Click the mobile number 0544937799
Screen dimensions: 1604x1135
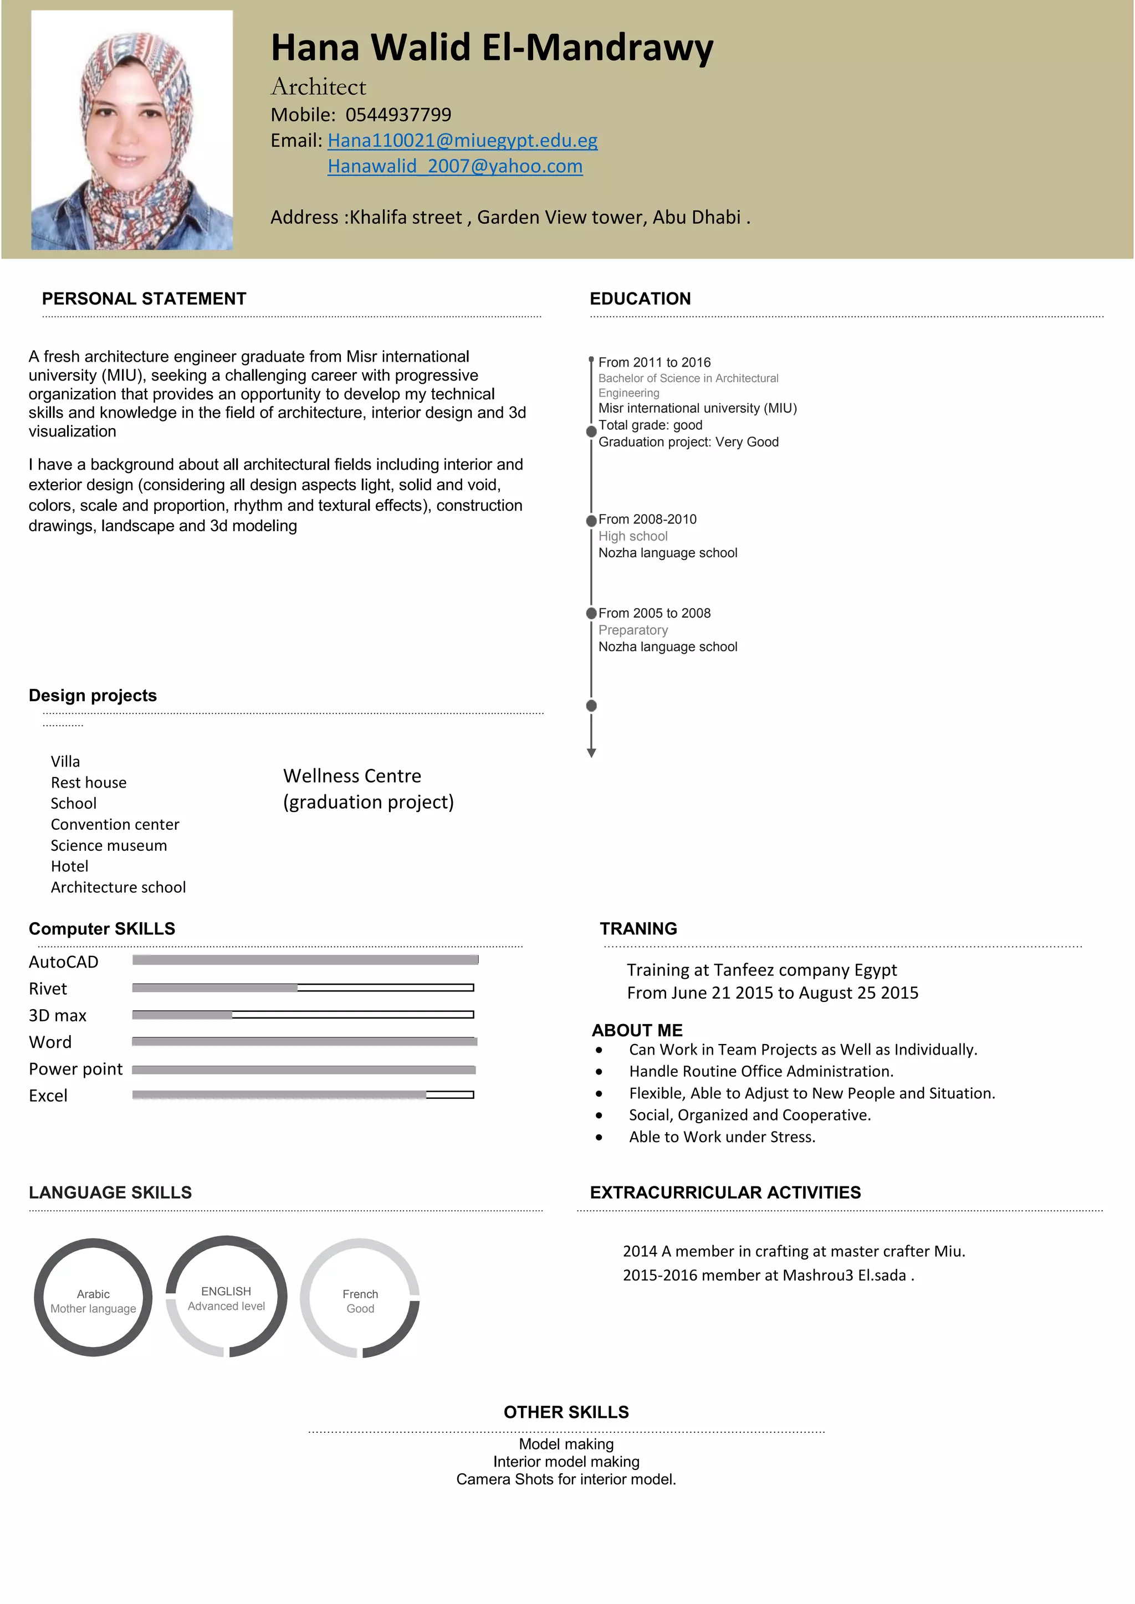pyautogui.click(x=398, y=115)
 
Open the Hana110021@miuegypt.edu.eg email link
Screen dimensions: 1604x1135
pyautogui.click(x=462, y=141)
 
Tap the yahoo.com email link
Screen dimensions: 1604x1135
pyautogui.click(x=455, y=166)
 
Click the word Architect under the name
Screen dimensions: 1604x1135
pyautogui.click(x=318, y=86)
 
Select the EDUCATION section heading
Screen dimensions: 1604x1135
pyautogui.click(x=640, y=299)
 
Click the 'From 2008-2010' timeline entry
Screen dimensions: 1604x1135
pyautogui.click(x=647, y=519)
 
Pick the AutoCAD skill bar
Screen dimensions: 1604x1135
pyautogui.click(x=305, y=960)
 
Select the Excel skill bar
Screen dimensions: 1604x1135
pyautogui.click(x=303, y=1094)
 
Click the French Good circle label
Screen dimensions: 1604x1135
pyautogui.click(x=360, y=1301)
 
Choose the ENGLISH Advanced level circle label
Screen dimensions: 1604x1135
pyautogui.click(x=226, y=1298)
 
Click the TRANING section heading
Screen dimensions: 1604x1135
pyautogui.click(x=638, y=928)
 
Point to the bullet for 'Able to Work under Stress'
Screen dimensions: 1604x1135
pyautogui.click(x=599, y=1137)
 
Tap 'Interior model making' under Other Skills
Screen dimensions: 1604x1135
pyautogui.click(x=566, y=1462)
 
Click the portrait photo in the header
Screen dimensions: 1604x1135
pyautogui.click(x=131, y=130)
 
